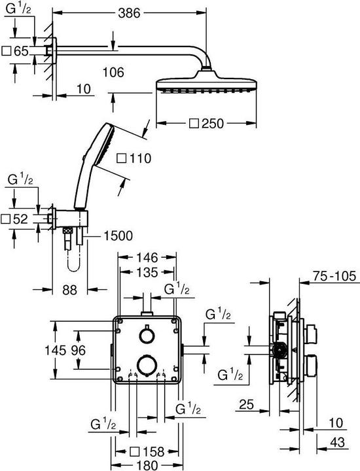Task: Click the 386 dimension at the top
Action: [129, 13]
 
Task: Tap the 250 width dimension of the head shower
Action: [213, 124]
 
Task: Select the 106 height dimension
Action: [113, 73]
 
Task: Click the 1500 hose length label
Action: [118, 236]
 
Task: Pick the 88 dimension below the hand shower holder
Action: [70, 290]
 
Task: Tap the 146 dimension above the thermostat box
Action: [147, 258]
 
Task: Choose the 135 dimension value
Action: [147, 272]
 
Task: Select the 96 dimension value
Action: [79, 350]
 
